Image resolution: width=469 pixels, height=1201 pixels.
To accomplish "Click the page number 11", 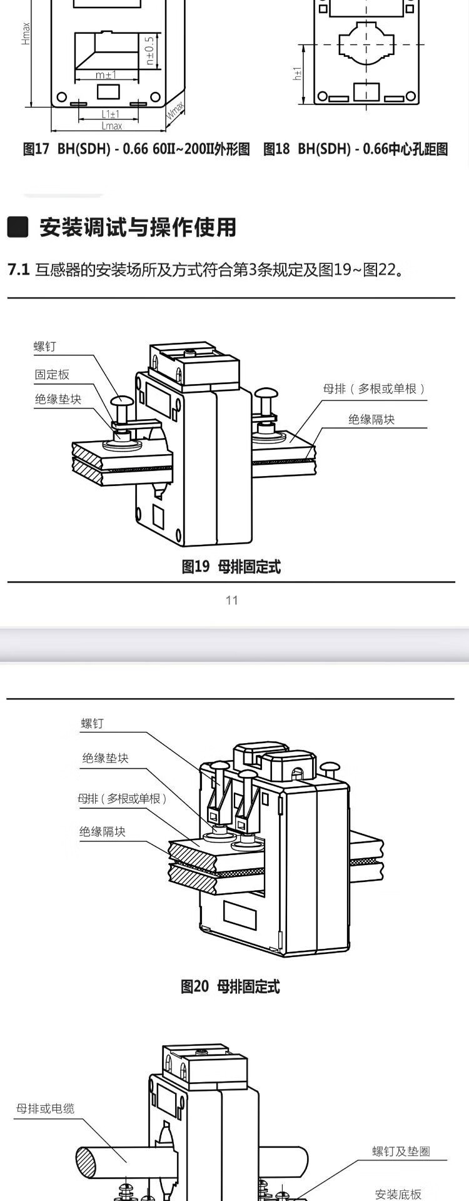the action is point(232,600).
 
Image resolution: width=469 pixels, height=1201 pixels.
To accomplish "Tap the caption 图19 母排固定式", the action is point(231,567).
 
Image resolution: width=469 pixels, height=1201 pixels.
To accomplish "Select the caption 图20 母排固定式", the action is point(230,986).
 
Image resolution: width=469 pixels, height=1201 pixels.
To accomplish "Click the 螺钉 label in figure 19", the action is point(45,347).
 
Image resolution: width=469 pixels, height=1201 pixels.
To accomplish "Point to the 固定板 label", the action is point(52,375).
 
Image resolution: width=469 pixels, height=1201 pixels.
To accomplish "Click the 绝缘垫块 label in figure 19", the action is point(58,399).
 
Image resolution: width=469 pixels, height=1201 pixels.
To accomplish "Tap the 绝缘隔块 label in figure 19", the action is point(371,419).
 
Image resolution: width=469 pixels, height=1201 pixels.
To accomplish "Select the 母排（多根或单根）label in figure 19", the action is point(375,388).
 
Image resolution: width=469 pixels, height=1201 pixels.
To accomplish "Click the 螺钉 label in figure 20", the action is point(93,724).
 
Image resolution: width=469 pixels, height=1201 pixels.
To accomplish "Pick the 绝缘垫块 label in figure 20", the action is point(105,758).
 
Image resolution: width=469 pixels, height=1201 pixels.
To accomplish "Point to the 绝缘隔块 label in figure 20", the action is point(103,831).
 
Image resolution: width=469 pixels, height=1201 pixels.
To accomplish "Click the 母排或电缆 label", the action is point(45,1108).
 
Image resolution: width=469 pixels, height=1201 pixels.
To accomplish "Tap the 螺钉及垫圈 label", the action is point(401,1152).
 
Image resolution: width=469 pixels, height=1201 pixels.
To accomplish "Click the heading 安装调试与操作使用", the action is point(138,227).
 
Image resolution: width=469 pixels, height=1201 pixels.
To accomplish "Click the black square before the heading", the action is point(18,227).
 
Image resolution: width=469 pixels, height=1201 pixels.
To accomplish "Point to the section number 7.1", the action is point(19,270).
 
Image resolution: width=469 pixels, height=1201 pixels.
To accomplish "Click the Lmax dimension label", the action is point(112,126).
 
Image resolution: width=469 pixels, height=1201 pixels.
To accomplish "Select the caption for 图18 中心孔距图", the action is point(355,149).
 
